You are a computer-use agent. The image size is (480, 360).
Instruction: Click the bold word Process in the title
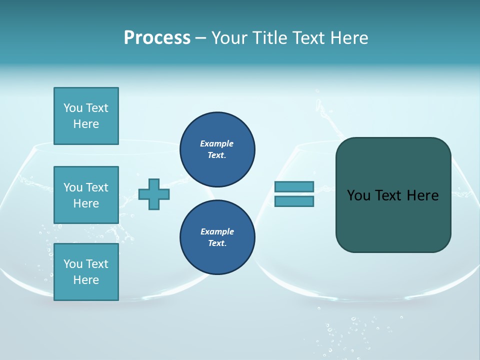coord(157,38)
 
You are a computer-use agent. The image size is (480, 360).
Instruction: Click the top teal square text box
coord(86,116)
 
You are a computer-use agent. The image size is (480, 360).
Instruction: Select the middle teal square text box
coord(86,195)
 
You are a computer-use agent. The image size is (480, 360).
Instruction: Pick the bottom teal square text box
coord(86,272)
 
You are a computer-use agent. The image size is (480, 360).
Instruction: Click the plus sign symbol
coord(154,194)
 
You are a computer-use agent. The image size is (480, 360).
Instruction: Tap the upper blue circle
coord(217,149)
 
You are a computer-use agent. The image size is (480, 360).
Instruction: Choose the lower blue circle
coord(217,237)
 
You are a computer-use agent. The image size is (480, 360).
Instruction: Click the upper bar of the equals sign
coord(294,186)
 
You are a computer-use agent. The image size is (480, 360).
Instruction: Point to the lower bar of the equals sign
coord(294,201)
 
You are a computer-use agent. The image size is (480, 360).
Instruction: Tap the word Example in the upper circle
coord(217,143)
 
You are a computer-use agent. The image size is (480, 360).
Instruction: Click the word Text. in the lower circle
coord(217,243)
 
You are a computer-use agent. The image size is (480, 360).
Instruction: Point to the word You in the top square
coord(73,108)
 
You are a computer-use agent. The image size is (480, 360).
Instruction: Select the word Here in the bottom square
coord(86,280)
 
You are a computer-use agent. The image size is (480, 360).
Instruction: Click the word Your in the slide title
coord(230,38)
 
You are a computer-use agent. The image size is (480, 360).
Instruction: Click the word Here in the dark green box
coord(422,195)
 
